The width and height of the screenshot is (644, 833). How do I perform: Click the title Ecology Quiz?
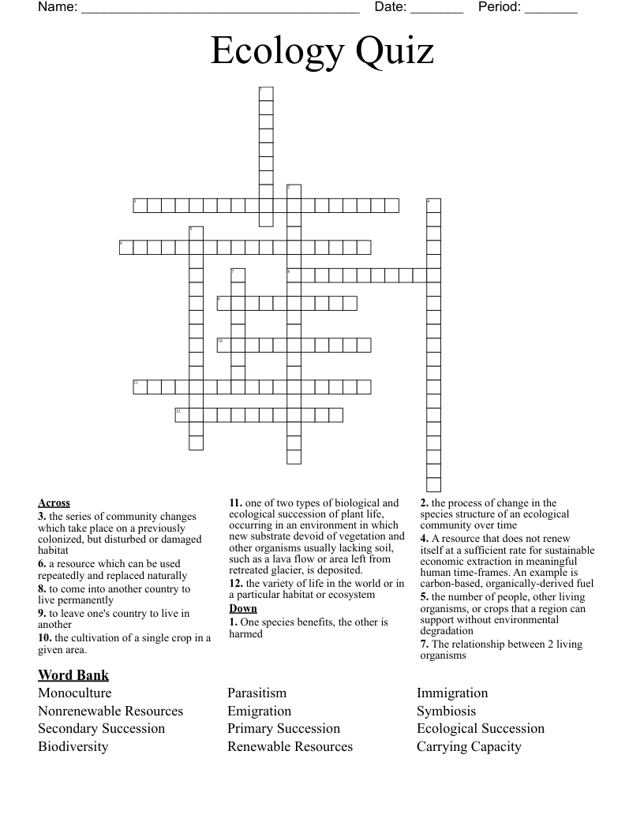point(322,52)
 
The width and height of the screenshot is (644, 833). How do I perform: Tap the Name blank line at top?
point(220,10)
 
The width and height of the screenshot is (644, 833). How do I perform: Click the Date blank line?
point(436,10)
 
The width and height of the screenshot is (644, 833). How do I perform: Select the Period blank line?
point(551,10)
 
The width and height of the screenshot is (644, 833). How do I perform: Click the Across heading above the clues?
point(54,502)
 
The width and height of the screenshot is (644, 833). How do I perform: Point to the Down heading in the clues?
point(243,609)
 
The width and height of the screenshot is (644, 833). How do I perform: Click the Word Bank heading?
point(73,675)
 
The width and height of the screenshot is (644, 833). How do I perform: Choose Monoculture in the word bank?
point(75,693)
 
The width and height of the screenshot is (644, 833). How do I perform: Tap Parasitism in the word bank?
point(257,693)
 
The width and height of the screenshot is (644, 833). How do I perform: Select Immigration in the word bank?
point(452,693)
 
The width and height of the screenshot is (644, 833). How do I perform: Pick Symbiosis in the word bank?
point(447,711)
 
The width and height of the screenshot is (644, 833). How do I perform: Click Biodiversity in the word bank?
point(73,746)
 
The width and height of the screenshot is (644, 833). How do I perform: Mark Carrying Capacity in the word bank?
point(469,746)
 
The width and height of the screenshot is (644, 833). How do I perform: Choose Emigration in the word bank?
point(260,711)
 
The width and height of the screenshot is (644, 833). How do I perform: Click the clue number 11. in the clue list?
point(235,502)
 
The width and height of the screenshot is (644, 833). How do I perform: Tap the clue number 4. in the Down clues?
point(424,538)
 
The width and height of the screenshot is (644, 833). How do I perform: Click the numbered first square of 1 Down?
point(266,93)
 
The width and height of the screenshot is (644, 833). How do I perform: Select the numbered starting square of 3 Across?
point(140,206)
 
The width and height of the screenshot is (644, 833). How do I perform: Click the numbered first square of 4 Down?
point(433,206)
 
